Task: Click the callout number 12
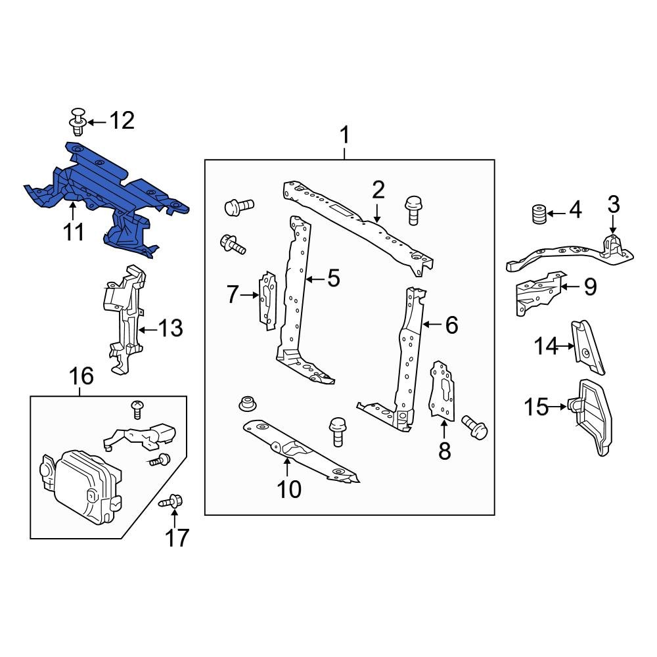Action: click(122, 121)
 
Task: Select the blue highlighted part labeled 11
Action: click(105, 191)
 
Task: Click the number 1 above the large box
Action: click(344, 137)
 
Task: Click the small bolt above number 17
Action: click(170, 502)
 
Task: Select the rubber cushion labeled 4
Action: click(539, 214)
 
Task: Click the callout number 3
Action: click(613, 204)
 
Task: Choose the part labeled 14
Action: click(587, 346)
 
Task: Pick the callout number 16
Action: click(81, 376)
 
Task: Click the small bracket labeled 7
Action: click(267, 299)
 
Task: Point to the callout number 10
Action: click(289, 488)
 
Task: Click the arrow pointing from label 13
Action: click(148, 328)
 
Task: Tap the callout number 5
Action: click(333, 279)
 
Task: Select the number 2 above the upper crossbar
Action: click(378, 191)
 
